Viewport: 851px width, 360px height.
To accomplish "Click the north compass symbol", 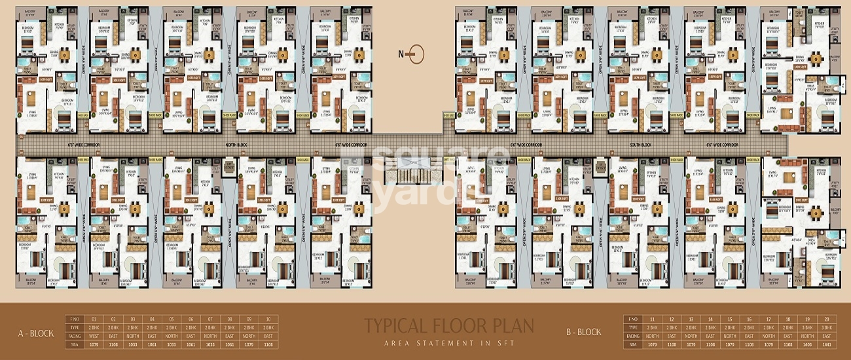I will [x=415, y=54].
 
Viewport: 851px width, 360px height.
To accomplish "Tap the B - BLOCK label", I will [x=583, y=332].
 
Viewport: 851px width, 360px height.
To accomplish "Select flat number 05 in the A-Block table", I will [x=172, y=319].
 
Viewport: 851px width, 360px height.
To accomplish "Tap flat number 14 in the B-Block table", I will [x=710, y=319].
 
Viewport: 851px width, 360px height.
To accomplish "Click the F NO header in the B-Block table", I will [x=632, y=319].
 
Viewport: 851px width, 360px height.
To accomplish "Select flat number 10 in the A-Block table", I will [x=268, y=319].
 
